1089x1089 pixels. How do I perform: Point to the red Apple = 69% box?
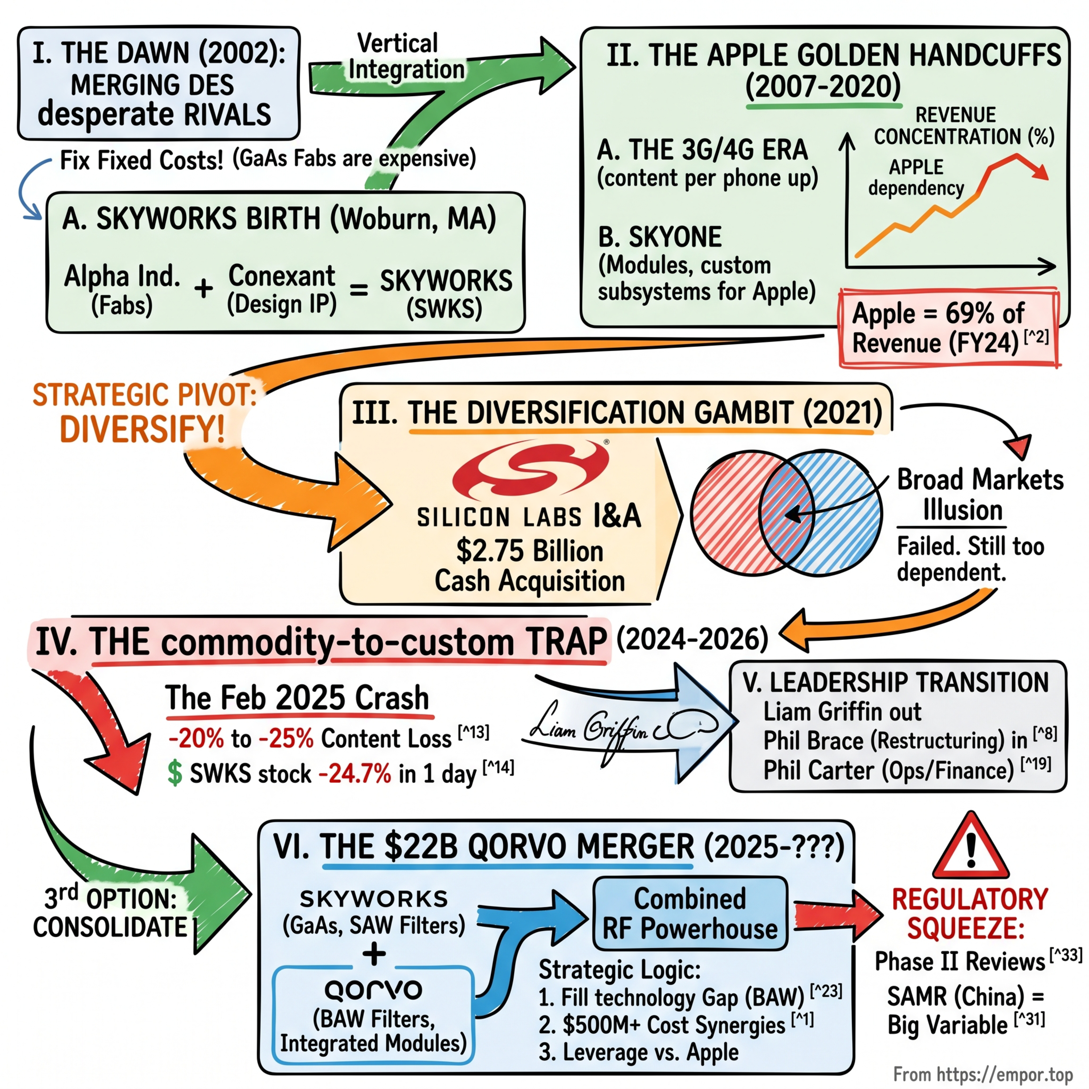pyautogui.click(x=949, y=328)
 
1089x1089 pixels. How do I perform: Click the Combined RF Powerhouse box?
pyautogui.click(x=690, y=913)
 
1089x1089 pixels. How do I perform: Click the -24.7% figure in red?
pyautogui.click(x=355, y=773)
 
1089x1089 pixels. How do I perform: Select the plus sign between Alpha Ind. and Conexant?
pyautogui.click(x=204, y=289)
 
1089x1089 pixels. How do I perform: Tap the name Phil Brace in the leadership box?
pyautogui.click(x=814, y=741)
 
